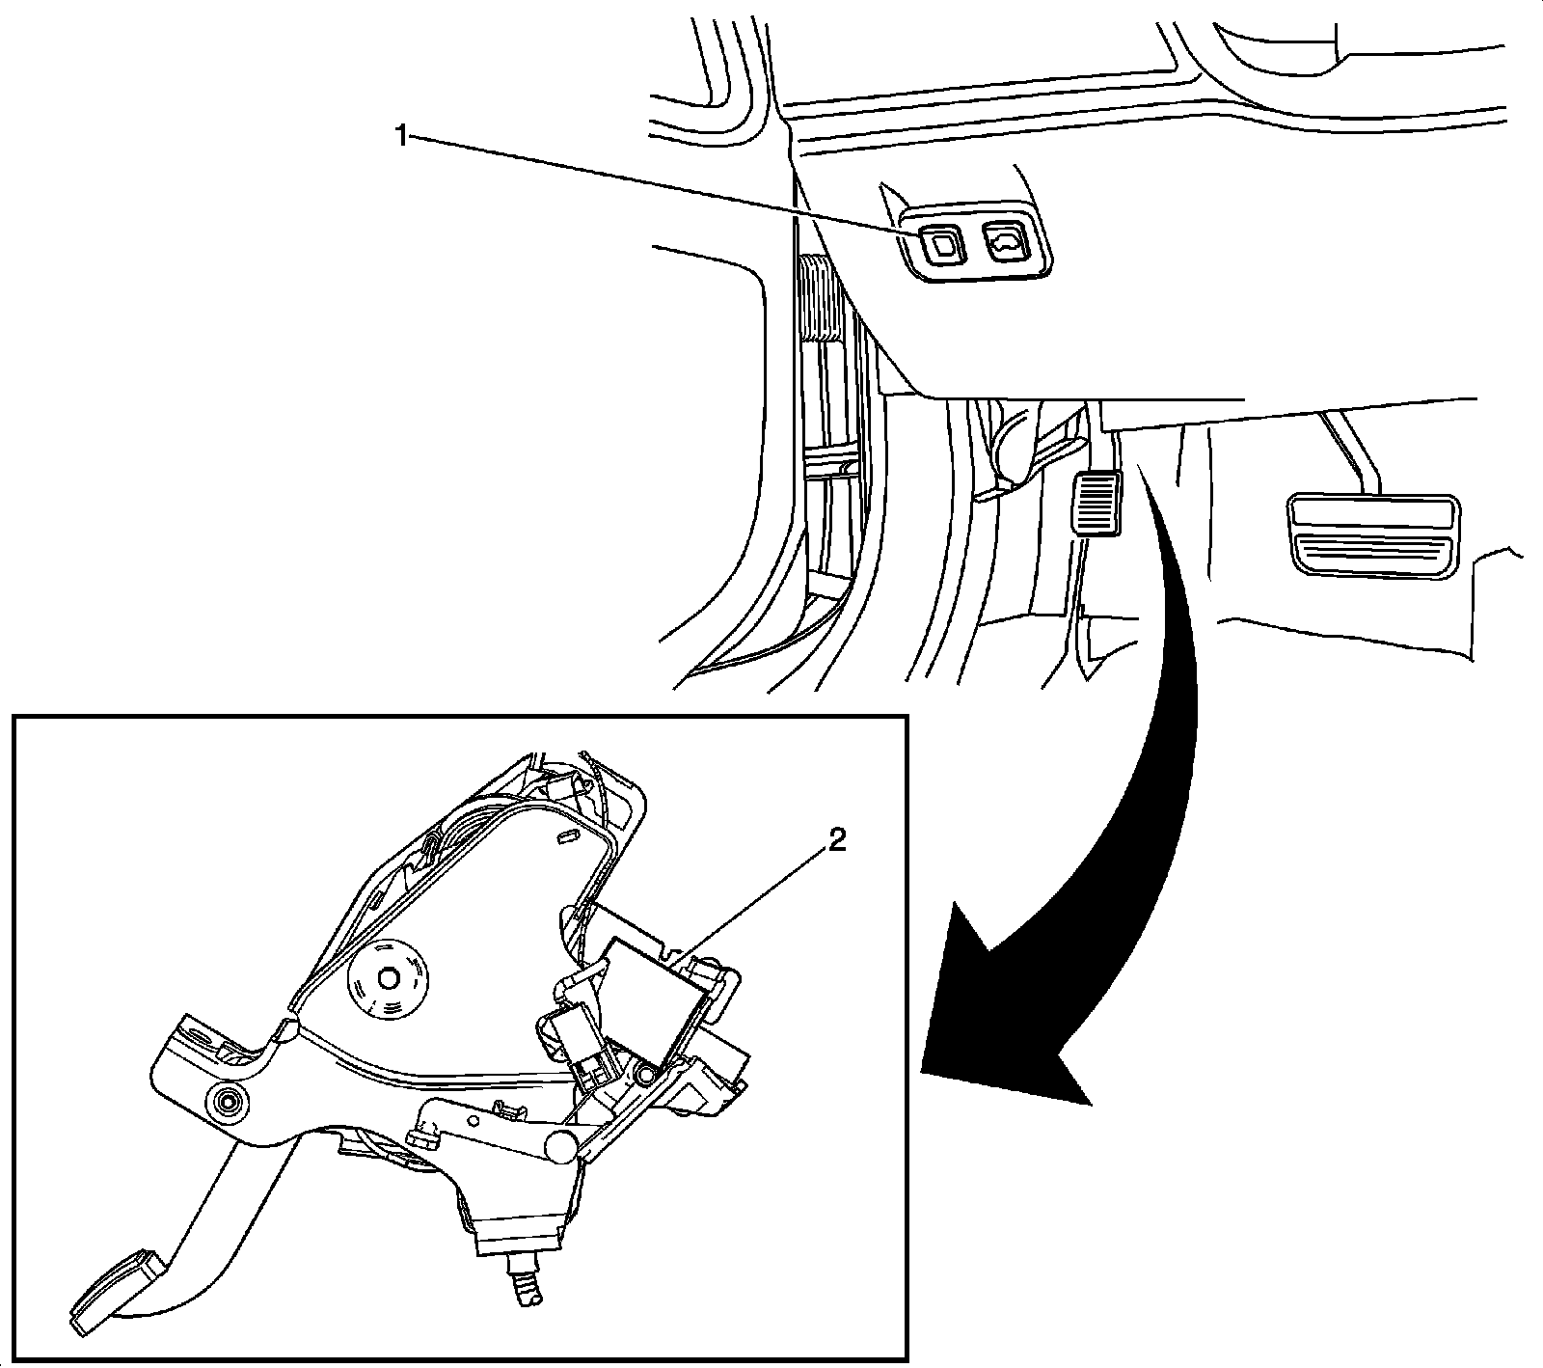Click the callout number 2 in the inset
[836, 842]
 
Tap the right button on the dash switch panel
[1005, 241]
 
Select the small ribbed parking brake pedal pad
[1095, 502]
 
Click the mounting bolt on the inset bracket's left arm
[230, 1102]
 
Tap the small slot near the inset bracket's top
[567, 833]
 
